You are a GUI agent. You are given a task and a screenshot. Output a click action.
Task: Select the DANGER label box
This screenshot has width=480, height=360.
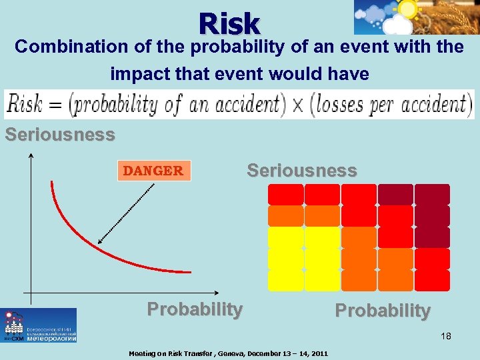(x=153, y=171)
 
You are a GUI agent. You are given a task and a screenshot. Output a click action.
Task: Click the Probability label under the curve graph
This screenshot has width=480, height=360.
(x=195, y=309)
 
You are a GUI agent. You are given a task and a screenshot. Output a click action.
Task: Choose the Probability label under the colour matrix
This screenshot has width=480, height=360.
(x=382, y=311)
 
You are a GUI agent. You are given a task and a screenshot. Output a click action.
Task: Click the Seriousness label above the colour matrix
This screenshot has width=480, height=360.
(x=301, y=170)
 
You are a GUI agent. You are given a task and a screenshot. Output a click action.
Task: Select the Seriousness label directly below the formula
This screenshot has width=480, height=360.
(x=60, y=135)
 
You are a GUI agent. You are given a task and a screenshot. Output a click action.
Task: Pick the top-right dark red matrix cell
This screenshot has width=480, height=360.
(x=432, y=194)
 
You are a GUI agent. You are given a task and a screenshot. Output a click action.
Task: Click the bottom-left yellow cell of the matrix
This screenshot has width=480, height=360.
(x=285, y=280)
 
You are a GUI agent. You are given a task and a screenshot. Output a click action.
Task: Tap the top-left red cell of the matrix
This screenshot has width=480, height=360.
(x=285, y=194)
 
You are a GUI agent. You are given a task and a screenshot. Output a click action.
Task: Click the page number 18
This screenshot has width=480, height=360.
(x=445, y=336)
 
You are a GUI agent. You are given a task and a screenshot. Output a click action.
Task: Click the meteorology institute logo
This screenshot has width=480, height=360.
(x=39, y=325)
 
